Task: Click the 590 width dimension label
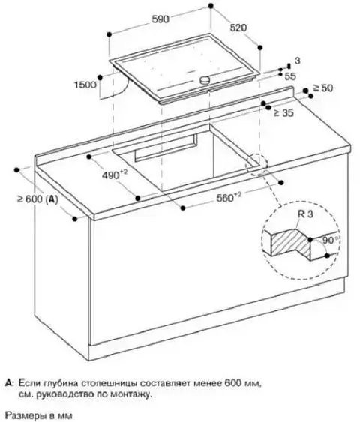160,19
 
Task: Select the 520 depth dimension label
238,28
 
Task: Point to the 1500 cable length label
85,85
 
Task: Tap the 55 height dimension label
290,76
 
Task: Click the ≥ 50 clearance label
322,88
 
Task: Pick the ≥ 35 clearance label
283,112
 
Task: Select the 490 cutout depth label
114,175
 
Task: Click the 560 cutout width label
229,198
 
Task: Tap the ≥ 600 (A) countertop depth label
37,199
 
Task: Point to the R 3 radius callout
305,214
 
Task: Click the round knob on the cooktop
205,79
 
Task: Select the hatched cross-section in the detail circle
291,244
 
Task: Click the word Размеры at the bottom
22,415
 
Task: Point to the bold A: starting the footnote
10,383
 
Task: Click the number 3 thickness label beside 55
298,61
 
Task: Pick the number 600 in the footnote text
232,383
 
